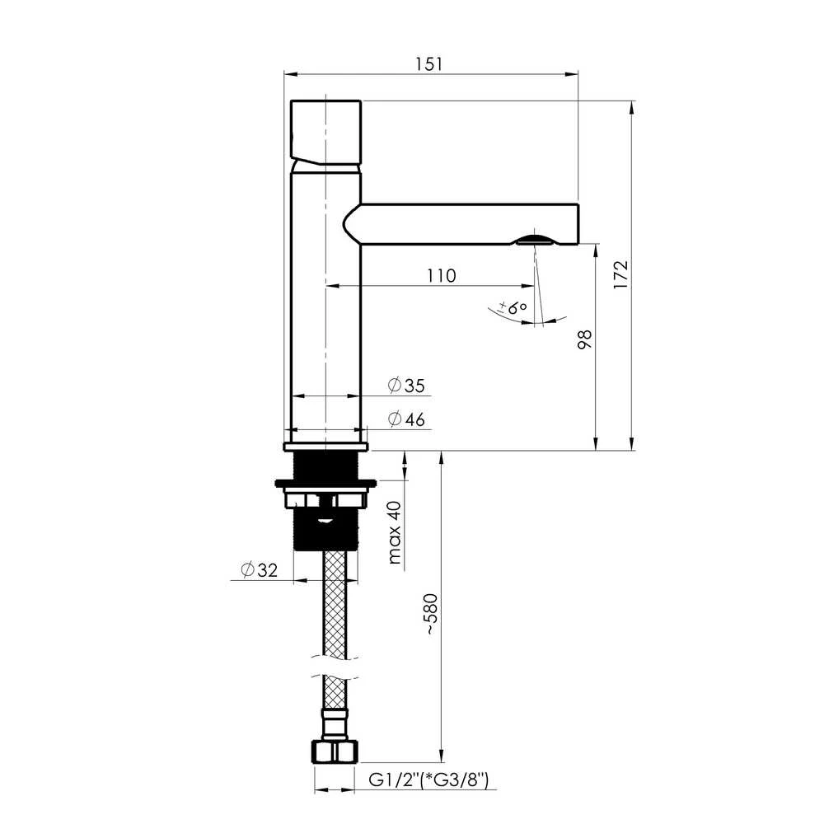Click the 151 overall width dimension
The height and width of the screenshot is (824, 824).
(x=428, y=64)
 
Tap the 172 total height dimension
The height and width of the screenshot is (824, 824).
(x=620, y=274)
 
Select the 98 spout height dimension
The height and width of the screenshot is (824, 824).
(x=584, y=339)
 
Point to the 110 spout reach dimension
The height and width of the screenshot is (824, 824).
(x=441, y=275)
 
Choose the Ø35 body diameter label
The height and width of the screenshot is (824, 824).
(x=406, y=385)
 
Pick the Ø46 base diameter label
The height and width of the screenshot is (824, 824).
(x=406, y=419)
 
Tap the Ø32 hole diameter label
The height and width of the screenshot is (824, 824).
(x=259, y=569)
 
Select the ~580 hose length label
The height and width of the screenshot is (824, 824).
(x=431, y=615)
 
